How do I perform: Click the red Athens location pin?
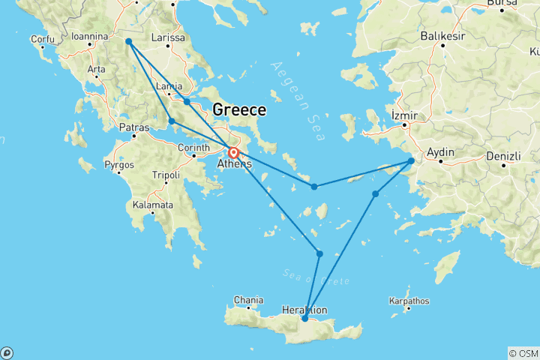pos(233,152)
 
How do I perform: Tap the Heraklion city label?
pos(304,309)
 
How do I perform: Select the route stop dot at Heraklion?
pos(304,319)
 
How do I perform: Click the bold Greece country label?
pos(239,110)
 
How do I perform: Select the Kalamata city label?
pos(153,205)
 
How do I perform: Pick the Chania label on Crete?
pos(248,300)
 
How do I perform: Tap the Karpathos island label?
pos(409,301)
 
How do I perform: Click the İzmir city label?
pos(404,116)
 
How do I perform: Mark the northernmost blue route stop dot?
pos(129,42)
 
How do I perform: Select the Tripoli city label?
pos(166,175)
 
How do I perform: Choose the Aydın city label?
pos(441,152)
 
